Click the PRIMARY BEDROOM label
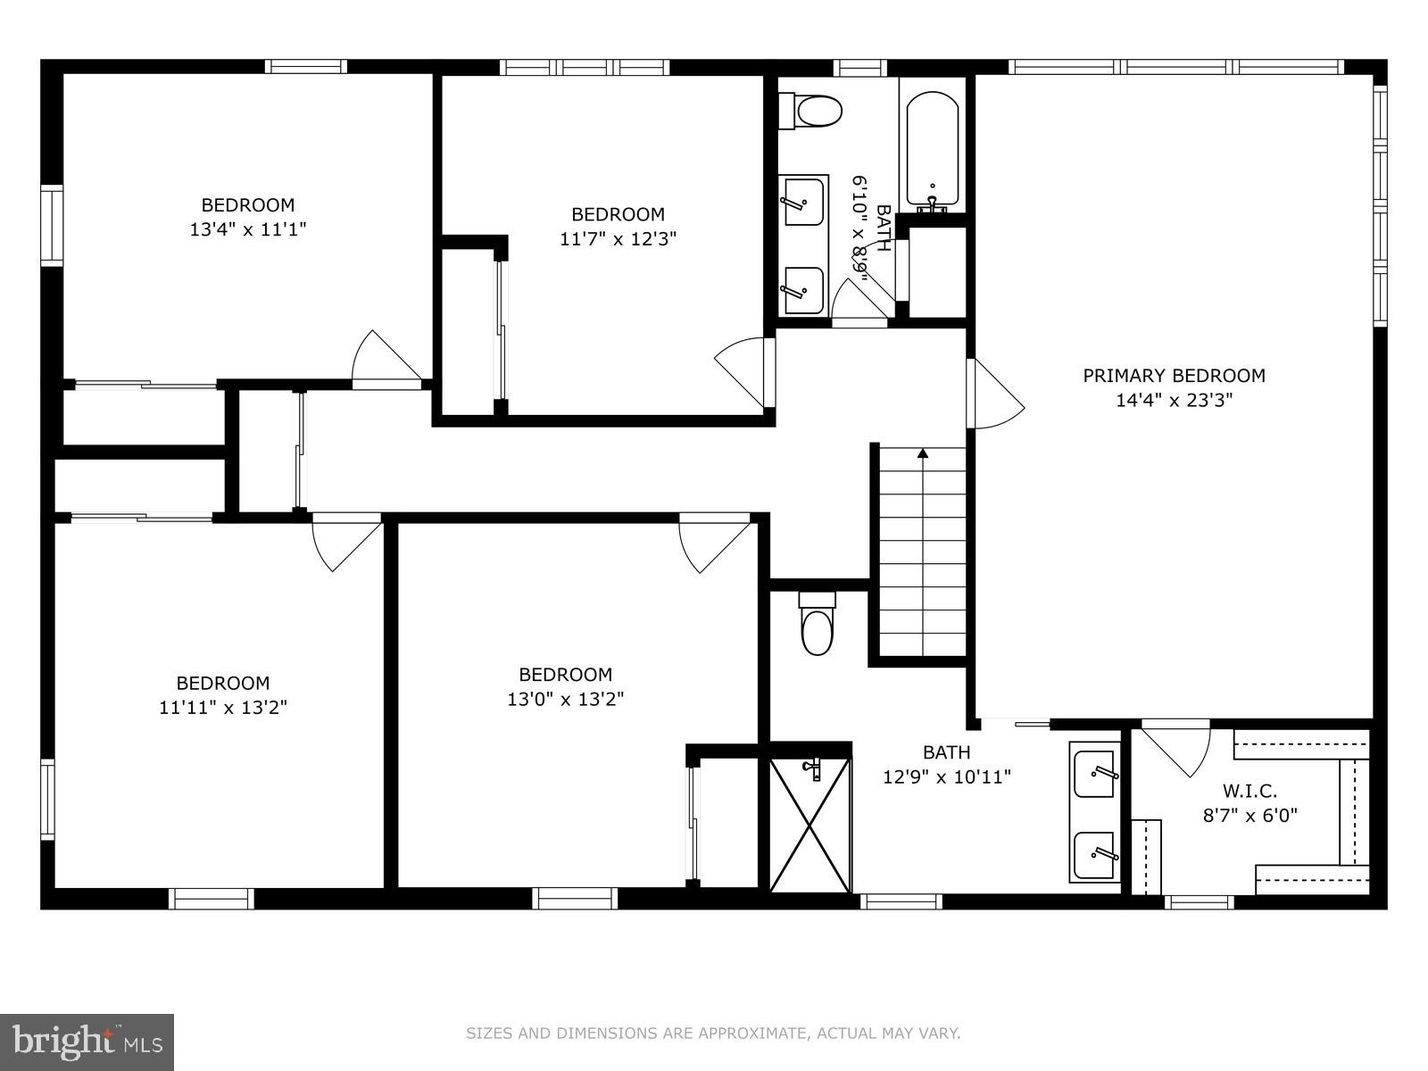pos(1174,375)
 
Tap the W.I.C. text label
pos(1249,791)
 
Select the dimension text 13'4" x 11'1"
pos(248,229)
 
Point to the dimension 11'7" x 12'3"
pos(618,238)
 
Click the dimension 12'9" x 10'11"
pos(947,776)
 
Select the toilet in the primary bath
pos(818,623)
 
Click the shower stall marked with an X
pos(810,825)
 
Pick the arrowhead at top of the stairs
pos(923,452)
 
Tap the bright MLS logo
pos(87,1042)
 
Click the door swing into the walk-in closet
pos(1176,748)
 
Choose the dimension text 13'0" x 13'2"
pos(565,699)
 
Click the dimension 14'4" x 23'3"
pos(1175,400)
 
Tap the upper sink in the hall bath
pos(803,201)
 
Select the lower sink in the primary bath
pos(1094,854)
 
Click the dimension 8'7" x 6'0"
pos(1249,816)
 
